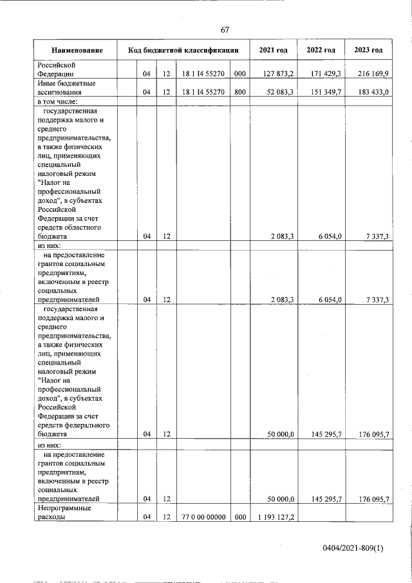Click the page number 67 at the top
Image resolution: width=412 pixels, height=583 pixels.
tap(225, 30)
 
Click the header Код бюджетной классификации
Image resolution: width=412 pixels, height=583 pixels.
tap(183, 50)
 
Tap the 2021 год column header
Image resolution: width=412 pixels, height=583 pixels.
tap(273, 50)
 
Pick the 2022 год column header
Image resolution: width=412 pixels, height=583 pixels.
tap(321, 50)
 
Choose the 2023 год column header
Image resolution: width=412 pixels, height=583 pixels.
tap(368, 50)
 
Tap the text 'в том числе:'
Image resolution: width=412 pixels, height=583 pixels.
tap(57, 102)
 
